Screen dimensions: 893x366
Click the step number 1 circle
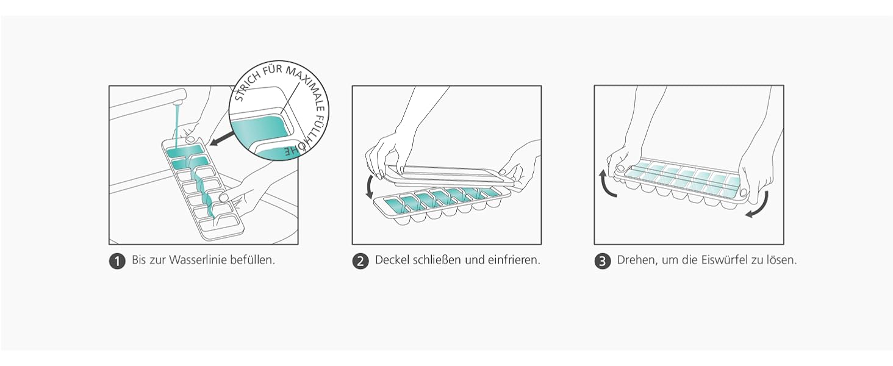pos(117,262)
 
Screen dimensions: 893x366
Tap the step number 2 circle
pos(360,262)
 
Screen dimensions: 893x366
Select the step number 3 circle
pos(603,262)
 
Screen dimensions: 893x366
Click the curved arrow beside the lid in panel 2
pos(370,186)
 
